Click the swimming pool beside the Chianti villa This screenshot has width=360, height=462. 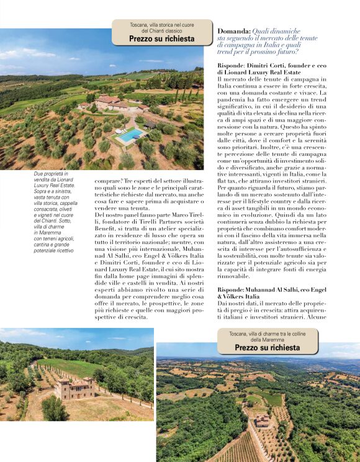click(x=130, y=135)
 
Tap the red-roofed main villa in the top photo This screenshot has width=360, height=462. click(x=109, y=100)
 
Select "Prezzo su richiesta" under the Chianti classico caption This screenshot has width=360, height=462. click(x=161, y=38)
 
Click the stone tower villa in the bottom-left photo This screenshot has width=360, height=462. click(x=73, y=388)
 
